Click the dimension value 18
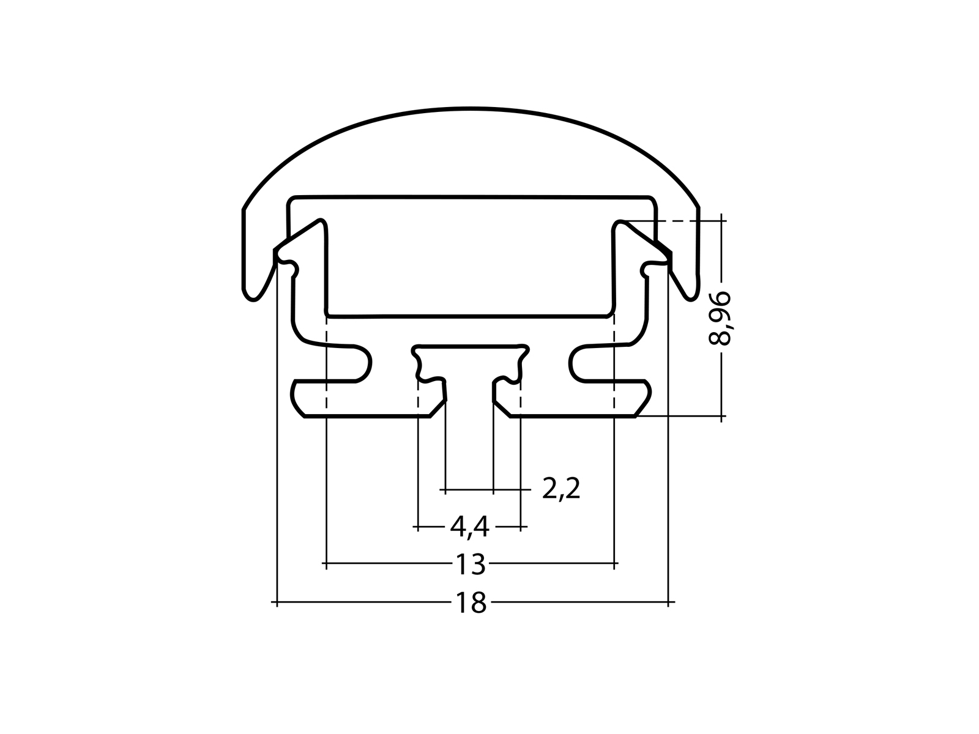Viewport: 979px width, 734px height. [x=471, y=603]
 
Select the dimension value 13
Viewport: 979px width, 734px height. [x=471, y=564]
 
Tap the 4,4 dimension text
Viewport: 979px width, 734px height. [x=469, y=527]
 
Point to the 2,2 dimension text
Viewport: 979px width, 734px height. [x=560, y=489]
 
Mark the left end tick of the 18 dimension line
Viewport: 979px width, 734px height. [x=277, y=603]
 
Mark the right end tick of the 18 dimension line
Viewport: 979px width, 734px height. [x=668, y=603]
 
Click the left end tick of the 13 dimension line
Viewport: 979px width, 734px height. [x=327, y=562]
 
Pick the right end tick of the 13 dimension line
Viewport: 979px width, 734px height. [x=614, y=562]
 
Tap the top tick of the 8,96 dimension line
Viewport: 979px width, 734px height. [x=723, y=220]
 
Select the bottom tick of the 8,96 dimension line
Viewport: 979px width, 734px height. [x=723, y=417]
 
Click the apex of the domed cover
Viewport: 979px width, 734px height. [x=471, y=109]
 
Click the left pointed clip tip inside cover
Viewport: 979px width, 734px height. [x=319, y=221]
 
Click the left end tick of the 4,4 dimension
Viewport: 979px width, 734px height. [x=418, y=526]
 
